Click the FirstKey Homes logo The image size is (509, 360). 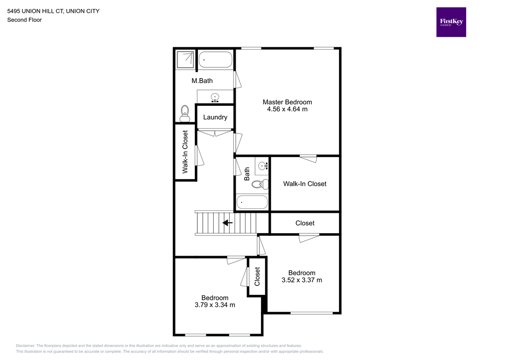tap(451, 22)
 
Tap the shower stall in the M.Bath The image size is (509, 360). tap(186, 59)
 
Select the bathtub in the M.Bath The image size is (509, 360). tap(215, 61)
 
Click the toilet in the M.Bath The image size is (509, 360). tap(185, 113)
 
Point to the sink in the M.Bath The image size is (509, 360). tap(215, 97)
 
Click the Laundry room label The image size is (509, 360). tap(215, 117)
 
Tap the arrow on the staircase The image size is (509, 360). tap(228, 223)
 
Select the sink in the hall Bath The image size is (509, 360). tap(262, 165)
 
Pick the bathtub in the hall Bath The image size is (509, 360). tap(252, 202)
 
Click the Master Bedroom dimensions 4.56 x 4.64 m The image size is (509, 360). tap(287, 109)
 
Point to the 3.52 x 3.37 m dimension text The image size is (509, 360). tap(302, 280)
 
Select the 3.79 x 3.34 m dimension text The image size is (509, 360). tap(215, 305)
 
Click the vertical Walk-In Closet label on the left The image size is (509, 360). tap(185, 152)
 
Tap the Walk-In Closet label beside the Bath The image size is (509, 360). tap(305, 183)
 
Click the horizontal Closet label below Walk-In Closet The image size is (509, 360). tap(305, 223)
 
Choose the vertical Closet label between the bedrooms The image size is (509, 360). tap(257, 277)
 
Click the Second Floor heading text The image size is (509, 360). tap(24, 20)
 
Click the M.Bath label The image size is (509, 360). tap(202, 81)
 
